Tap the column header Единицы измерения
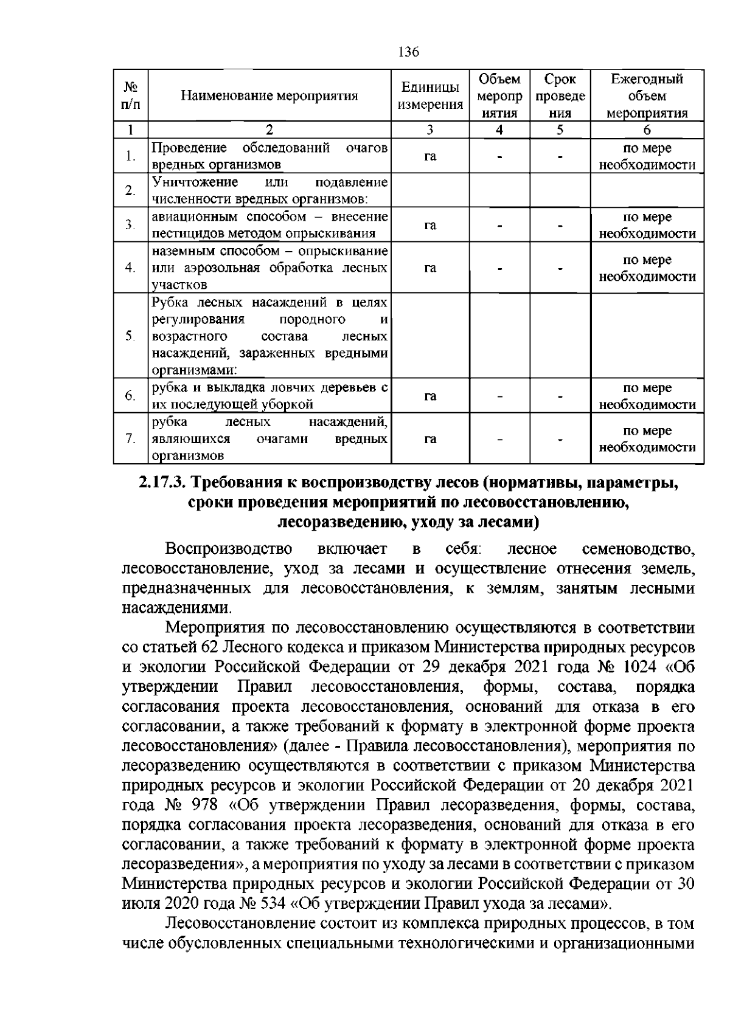point(430,95)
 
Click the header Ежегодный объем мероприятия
point(647,95)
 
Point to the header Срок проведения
point(560,95)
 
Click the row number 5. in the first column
point(130,336)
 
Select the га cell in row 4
point(430,268)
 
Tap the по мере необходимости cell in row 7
point(647,439)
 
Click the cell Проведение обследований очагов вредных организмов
point(269,156)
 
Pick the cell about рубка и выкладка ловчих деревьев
point(269,396)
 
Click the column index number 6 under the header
point(647,129)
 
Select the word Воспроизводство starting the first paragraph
point(229,549)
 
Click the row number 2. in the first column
point(130,190)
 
